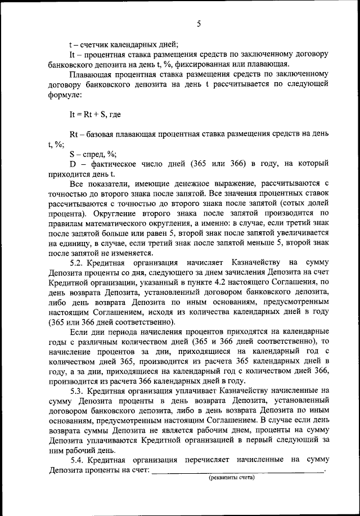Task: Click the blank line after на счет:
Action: coord(238,470)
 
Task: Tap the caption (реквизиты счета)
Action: coord(231,478)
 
